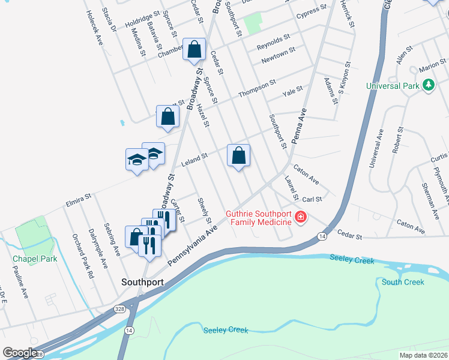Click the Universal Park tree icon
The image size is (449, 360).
click(x=428, y=86)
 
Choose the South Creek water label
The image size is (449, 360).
click(x=402, y=282)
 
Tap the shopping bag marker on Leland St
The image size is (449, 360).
click(x=238, y=156)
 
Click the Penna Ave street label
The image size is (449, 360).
click(x=299, y=126)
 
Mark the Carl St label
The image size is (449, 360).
click(x=312, y=199)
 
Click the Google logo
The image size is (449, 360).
click(x=20, y=353)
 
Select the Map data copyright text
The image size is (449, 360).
click(x=423, y=355)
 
